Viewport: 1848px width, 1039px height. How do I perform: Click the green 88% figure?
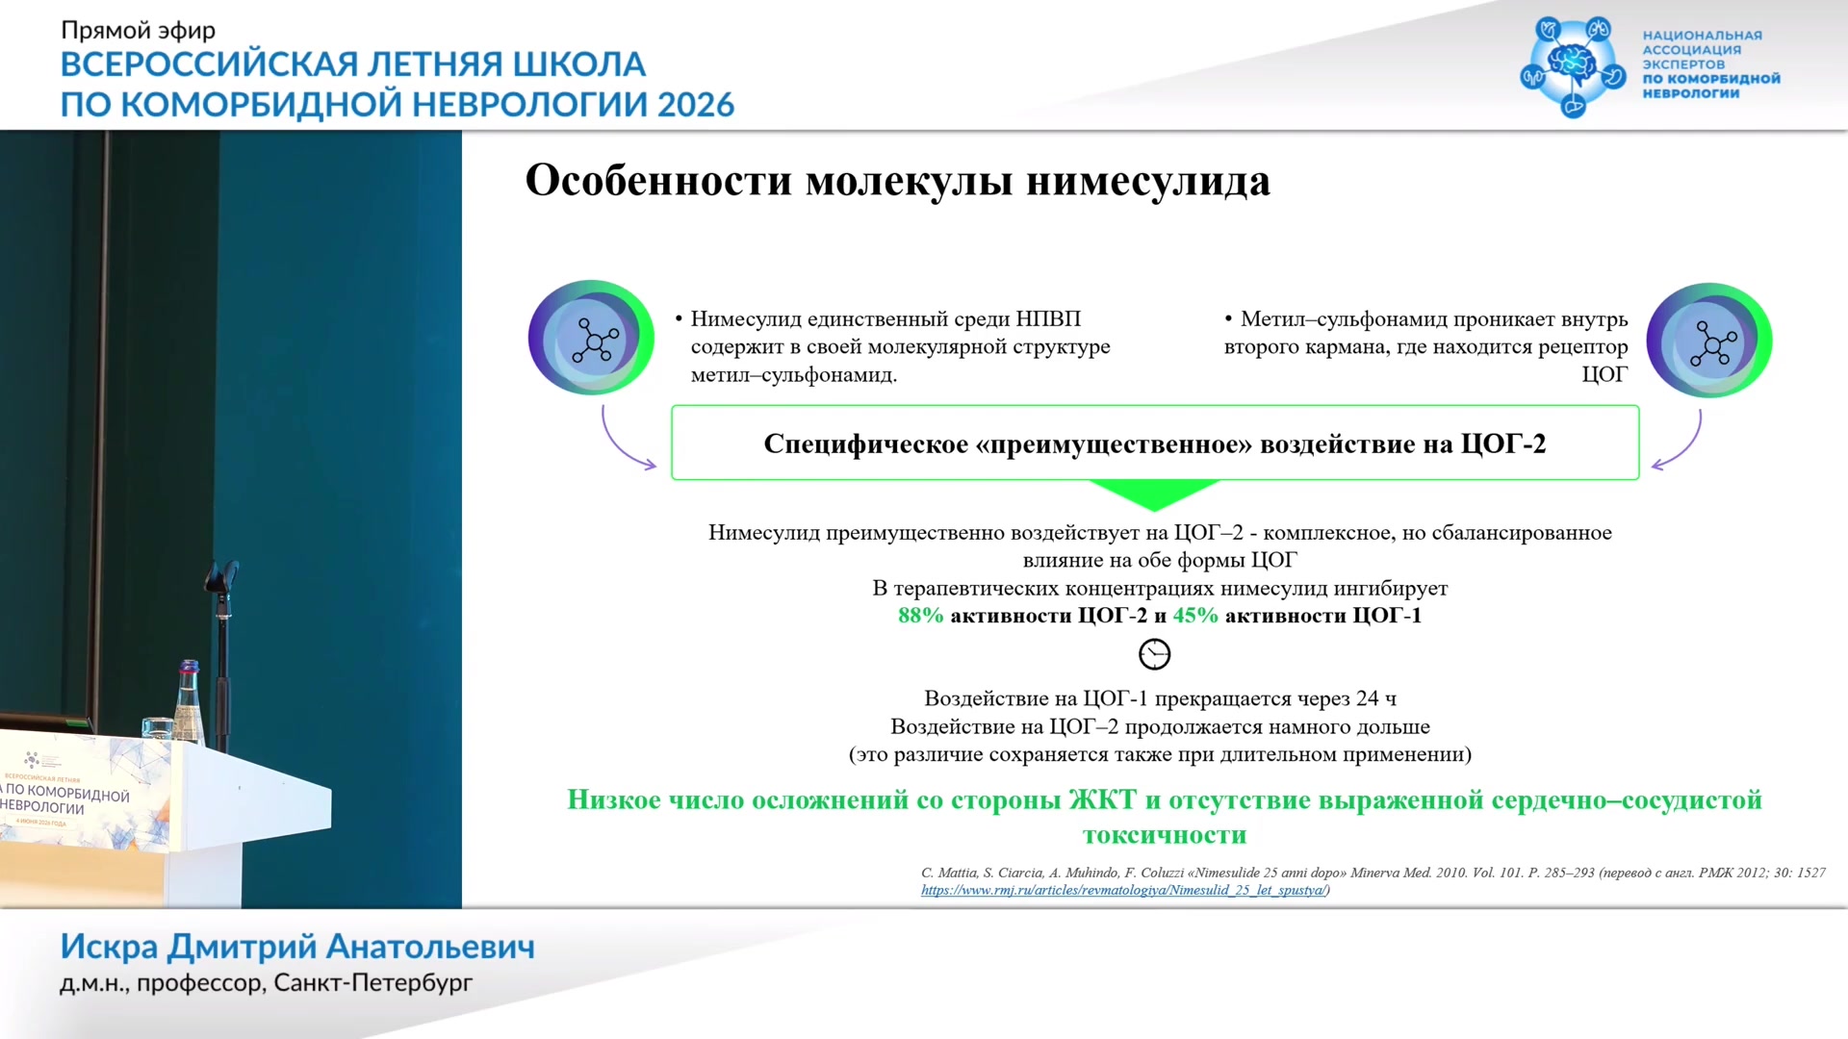(920, 616)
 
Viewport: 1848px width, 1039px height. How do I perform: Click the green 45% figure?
(1195, 616)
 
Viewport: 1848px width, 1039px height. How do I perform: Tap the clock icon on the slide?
(1154, 654)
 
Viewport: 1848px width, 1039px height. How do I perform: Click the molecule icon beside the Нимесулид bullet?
(591, 338)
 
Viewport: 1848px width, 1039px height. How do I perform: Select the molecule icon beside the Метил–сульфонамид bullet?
(1709, 341)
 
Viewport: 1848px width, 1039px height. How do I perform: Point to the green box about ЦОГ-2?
(1155, 443)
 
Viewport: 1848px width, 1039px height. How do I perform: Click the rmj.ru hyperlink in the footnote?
(1123, 890)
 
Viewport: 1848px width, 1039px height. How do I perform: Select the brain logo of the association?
(1573, 66)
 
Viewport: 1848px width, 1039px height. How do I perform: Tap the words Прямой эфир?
(139, 30)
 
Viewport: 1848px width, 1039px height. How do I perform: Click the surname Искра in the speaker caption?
(109, 947)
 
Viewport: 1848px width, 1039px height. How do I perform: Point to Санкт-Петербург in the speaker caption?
(373, 983)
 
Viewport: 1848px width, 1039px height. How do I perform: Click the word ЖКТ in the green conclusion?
(1103, 799)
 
